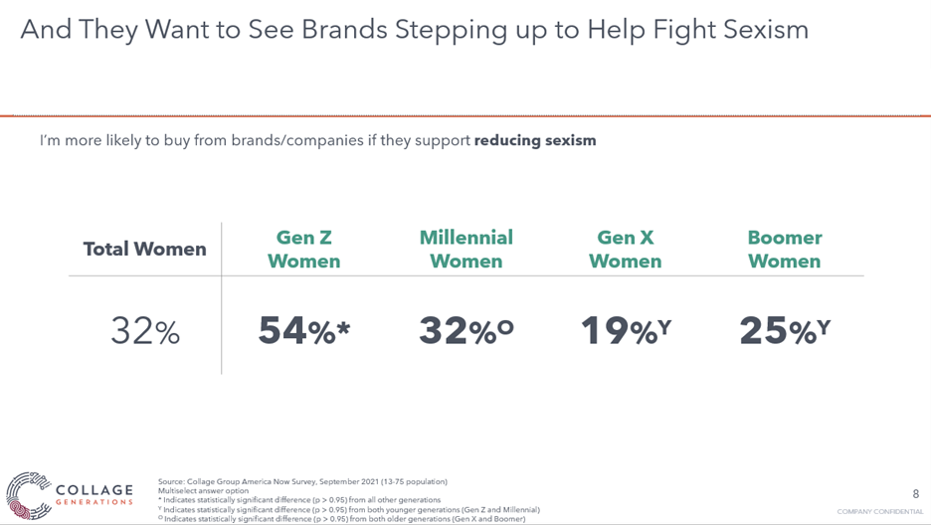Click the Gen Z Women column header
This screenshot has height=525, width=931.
point(304,250)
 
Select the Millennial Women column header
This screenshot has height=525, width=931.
point(466,250)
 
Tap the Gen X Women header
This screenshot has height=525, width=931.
point(626,250)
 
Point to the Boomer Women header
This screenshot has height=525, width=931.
point(785,250)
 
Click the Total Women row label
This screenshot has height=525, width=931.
point(145,249)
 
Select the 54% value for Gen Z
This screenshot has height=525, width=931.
point(304,330)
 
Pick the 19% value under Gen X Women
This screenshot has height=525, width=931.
point(626,330)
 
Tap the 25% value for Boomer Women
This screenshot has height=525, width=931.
point(785,330)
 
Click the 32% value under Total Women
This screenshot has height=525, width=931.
point(145,331)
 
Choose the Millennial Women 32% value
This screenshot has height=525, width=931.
point(466,330)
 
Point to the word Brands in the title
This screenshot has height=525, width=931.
point(344,29)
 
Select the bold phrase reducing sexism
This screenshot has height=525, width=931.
point(535,140)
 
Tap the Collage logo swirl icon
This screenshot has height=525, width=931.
point(29,495)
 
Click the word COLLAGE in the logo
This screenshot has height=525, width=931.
point(94,490)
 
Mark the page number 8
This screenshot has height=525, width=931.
point(915,493)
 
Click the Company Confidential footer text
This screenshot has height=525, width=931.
point(880,511)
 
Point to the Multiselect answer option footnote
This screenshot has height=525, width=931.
point(203,490)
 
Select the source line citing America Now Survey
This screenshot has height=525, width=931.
point(302,481)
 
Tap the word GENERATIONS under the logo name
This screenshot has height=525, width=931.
point(94,502)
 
